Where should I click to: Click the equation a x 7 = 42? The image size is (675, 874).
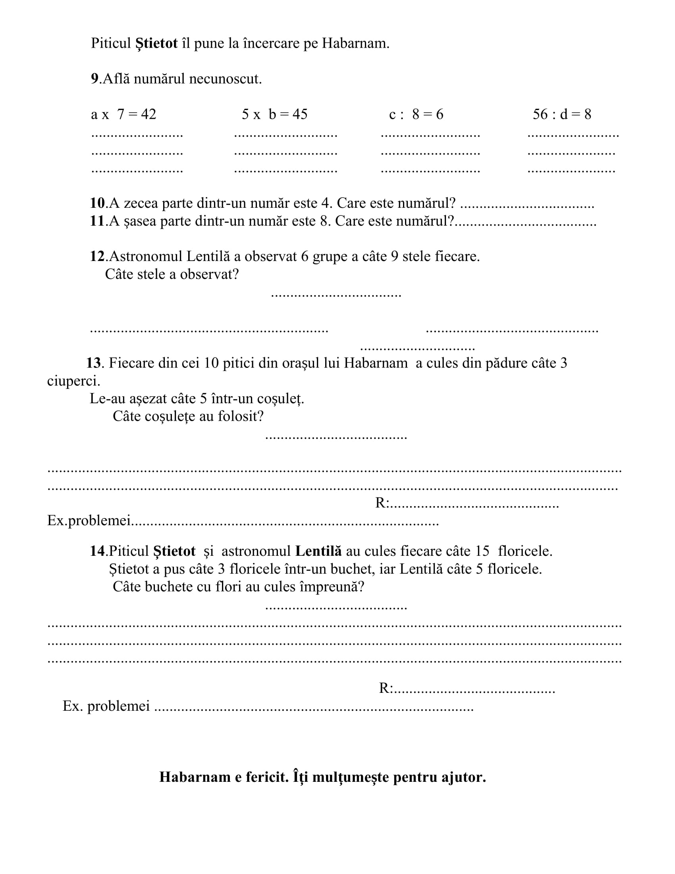coord(123,114)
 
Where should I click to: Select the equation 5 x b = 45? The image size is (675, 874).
coord(274,114)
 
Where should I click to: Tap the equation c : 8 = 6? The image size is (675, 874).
coord(416,114)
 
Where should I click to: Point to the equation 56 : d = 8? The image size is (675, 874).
coord(561,114)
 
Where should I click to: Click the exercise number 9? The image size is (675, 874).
coord(94,79)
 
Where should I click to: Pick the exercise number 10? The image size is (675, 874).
coord(97,203)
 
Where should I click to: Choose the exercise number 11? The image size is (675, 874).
coord(97,221)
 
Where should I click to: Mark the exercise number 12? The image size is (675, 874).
coord(97,257)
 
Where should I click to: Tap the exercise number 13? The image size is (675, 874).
coord(94,363)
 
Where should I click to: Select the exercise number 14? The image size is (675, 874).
coord(97,551)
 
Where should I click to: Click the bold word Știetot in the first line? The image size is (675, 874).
coord(156,43)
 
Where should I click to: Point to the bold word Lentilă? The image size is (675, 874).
coord(318,551)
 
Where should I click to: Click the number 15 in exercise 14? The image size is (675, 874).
coord(482,551)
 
